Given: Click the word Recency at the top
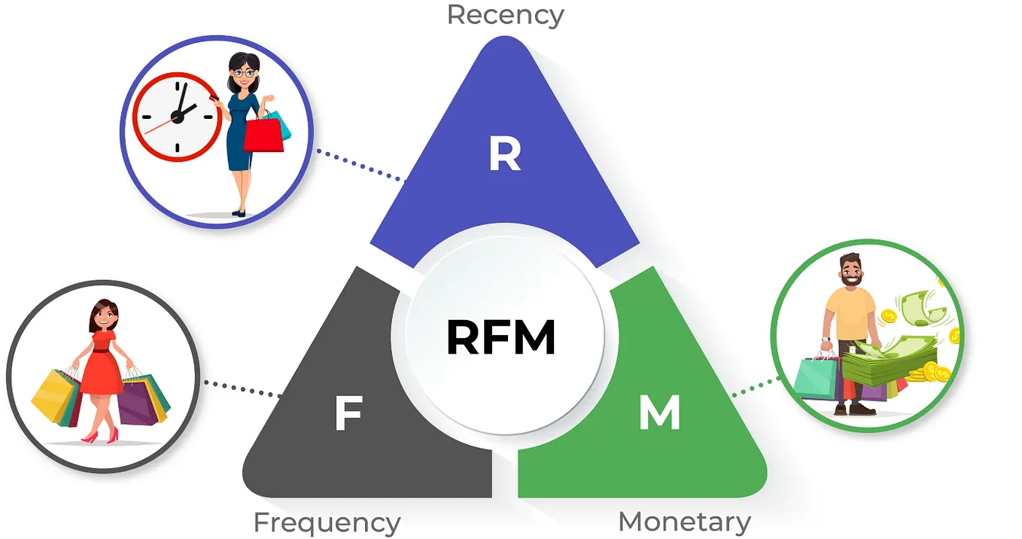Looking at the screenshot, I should point(505,14).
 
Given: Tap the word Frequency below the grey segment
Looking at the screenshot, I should point(327,522).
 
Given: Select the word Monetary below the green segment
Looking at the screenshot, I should point(684,521).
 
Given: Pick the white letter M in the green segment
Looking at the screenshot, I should point(659,413).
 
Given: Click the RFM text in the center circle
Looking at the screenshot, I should point(500,338).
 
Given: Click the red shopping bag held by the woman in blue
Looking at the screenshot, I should point(263,135).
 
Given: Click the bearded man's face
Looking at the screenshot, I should point(851,272).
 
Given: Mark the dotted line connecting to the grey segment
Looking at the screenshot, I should point(242,388).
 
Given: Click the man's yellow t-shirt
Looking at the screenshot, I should point(850,313).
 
